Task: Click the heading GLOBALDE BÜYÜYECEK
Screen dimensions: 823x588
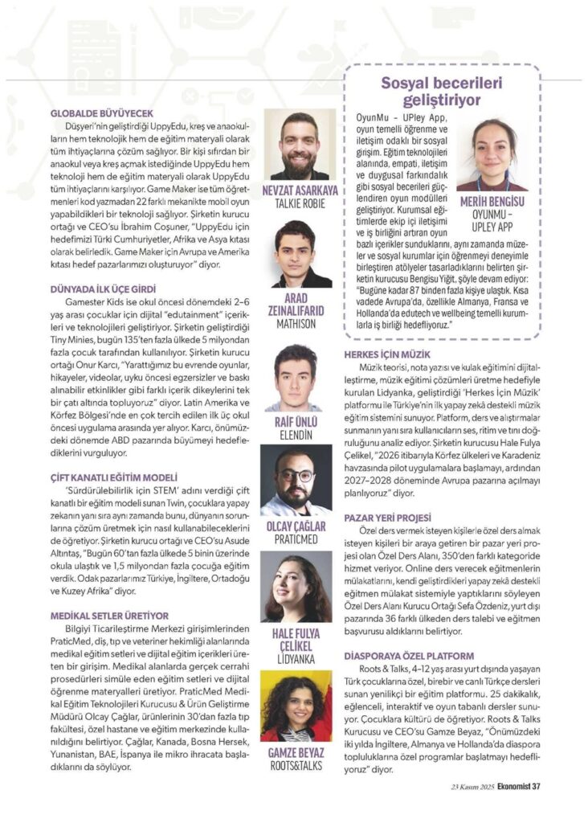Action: pos(102,113)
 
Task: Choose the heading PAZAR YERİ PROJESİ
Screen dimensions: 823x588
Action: pos(387,518)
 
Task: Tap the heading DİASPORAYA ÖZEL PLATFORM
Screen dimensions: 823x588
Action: pos(409,656)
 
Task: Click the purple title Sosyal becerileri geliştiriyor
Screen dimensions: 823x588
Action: pos(442,92)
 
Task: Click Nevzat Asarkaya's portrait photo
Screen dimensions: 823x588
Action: pos(300,145)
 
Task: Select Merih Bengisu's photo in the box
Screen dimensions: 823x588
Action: pos(492,154)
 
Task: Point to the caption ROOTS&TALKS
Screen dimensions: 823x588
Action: pos(297,766)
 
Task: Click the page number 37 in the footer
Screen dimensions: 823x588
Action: pos(535,788)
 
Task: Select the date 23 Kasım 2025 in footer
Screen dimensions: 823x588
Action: pos(472,788)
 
